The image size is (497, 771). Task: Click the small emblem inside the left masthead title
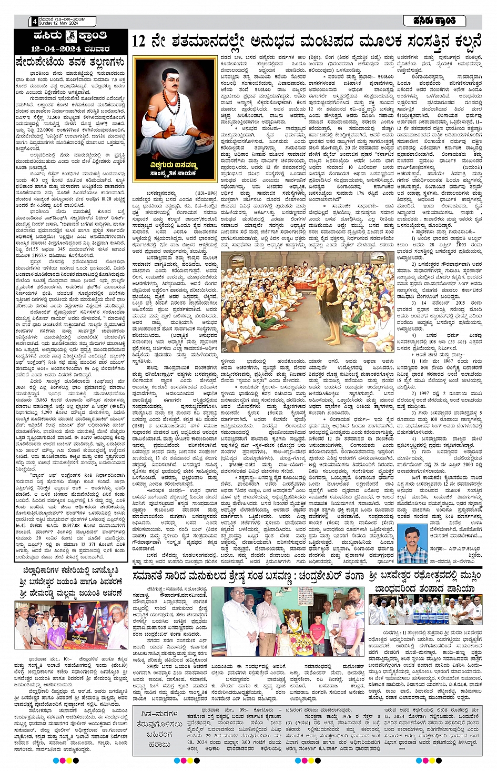point(70,37)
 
